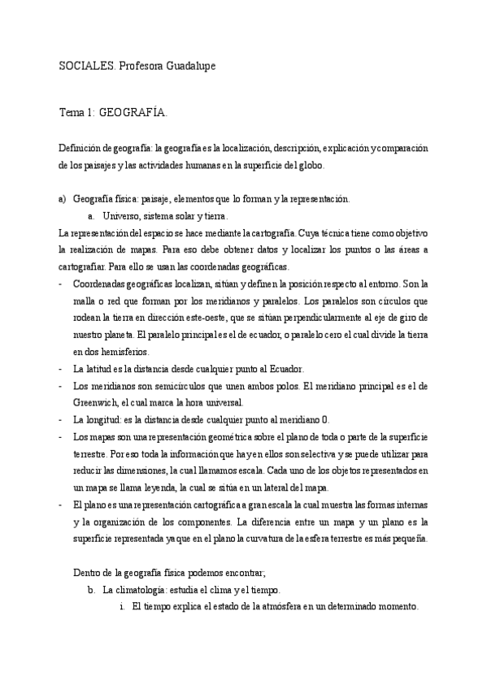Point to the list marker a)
[x=62, y=199]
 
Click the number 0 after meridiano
[x=326, y=419]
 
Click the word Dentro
[x=88, y=573]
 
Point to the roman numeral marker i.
[x=121, y=607]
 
